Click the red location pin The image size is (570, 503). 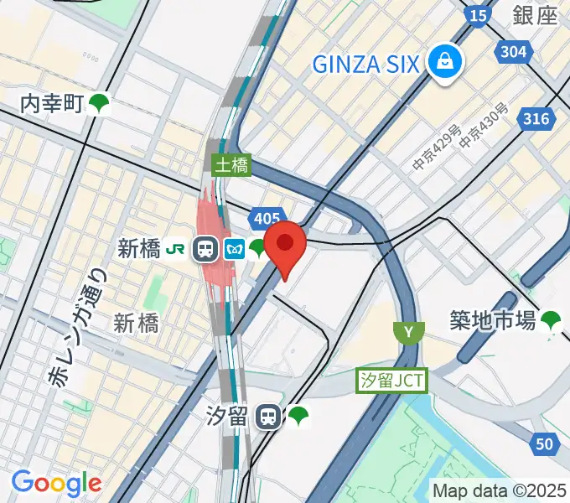[x=285, y=245]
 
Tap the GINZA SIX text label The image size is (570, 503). [x=365, y=63]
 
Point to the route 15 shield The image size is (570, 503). [x=478, y=14]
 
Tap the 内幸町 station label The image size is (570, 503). [x=52, y=104]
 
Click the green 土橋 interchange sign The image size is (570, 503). [x=231, y=164]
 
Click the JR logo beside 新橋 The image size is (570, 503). [x=176, y=248]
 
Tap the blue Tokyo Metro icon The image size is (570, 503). [x=232, y=248]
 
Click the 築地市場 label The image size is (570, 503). [x=492, y=319]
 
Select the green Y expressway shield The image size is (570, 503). [x=408, y=332]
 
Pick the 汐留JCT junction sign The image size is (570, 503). [x=391, y=381]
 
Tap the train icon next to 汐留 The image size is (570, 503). [x=268, y=415]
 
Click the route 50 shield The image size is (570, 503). [x=546, y=444]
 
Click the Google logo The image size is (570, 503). [x=56, y=483]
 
